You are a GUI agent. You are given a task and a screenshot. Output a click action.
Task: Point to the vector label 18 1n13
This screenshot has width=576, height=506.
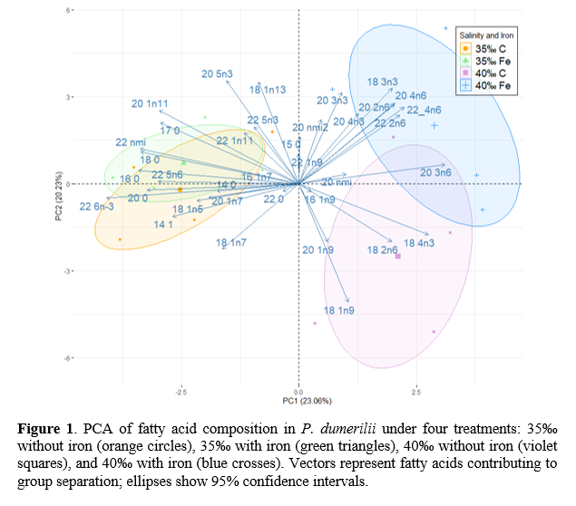(268, 89)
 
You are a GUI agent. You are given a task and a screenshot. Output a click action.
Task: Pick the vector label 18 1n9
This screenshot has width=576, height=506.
(339, 311)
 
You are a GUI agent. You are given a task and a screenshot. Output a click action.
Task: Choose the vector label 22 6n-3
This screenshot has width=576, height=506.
(97, 207)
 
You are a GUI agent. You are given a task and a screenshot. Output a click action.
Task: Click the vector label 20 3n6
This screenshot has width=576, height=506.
(436, 171)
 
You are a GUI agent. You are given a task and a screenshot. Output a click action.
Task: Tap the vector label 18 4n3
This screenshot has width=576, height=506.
(420, 243)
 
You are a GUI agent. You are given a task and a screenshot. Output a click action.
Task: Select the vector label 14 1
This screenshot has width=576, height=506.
(164, 224)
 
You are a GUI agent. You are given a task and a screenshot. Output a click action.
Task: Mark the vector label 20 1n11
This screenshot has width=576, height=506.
(150, 104)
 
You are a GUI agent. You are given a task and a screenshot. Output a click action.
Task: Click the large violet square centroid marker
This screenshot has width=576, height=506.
(397, 257)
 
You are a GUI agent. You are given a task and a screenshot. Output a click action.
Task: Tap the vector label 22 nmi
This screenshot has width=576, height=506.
(132, 142)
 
